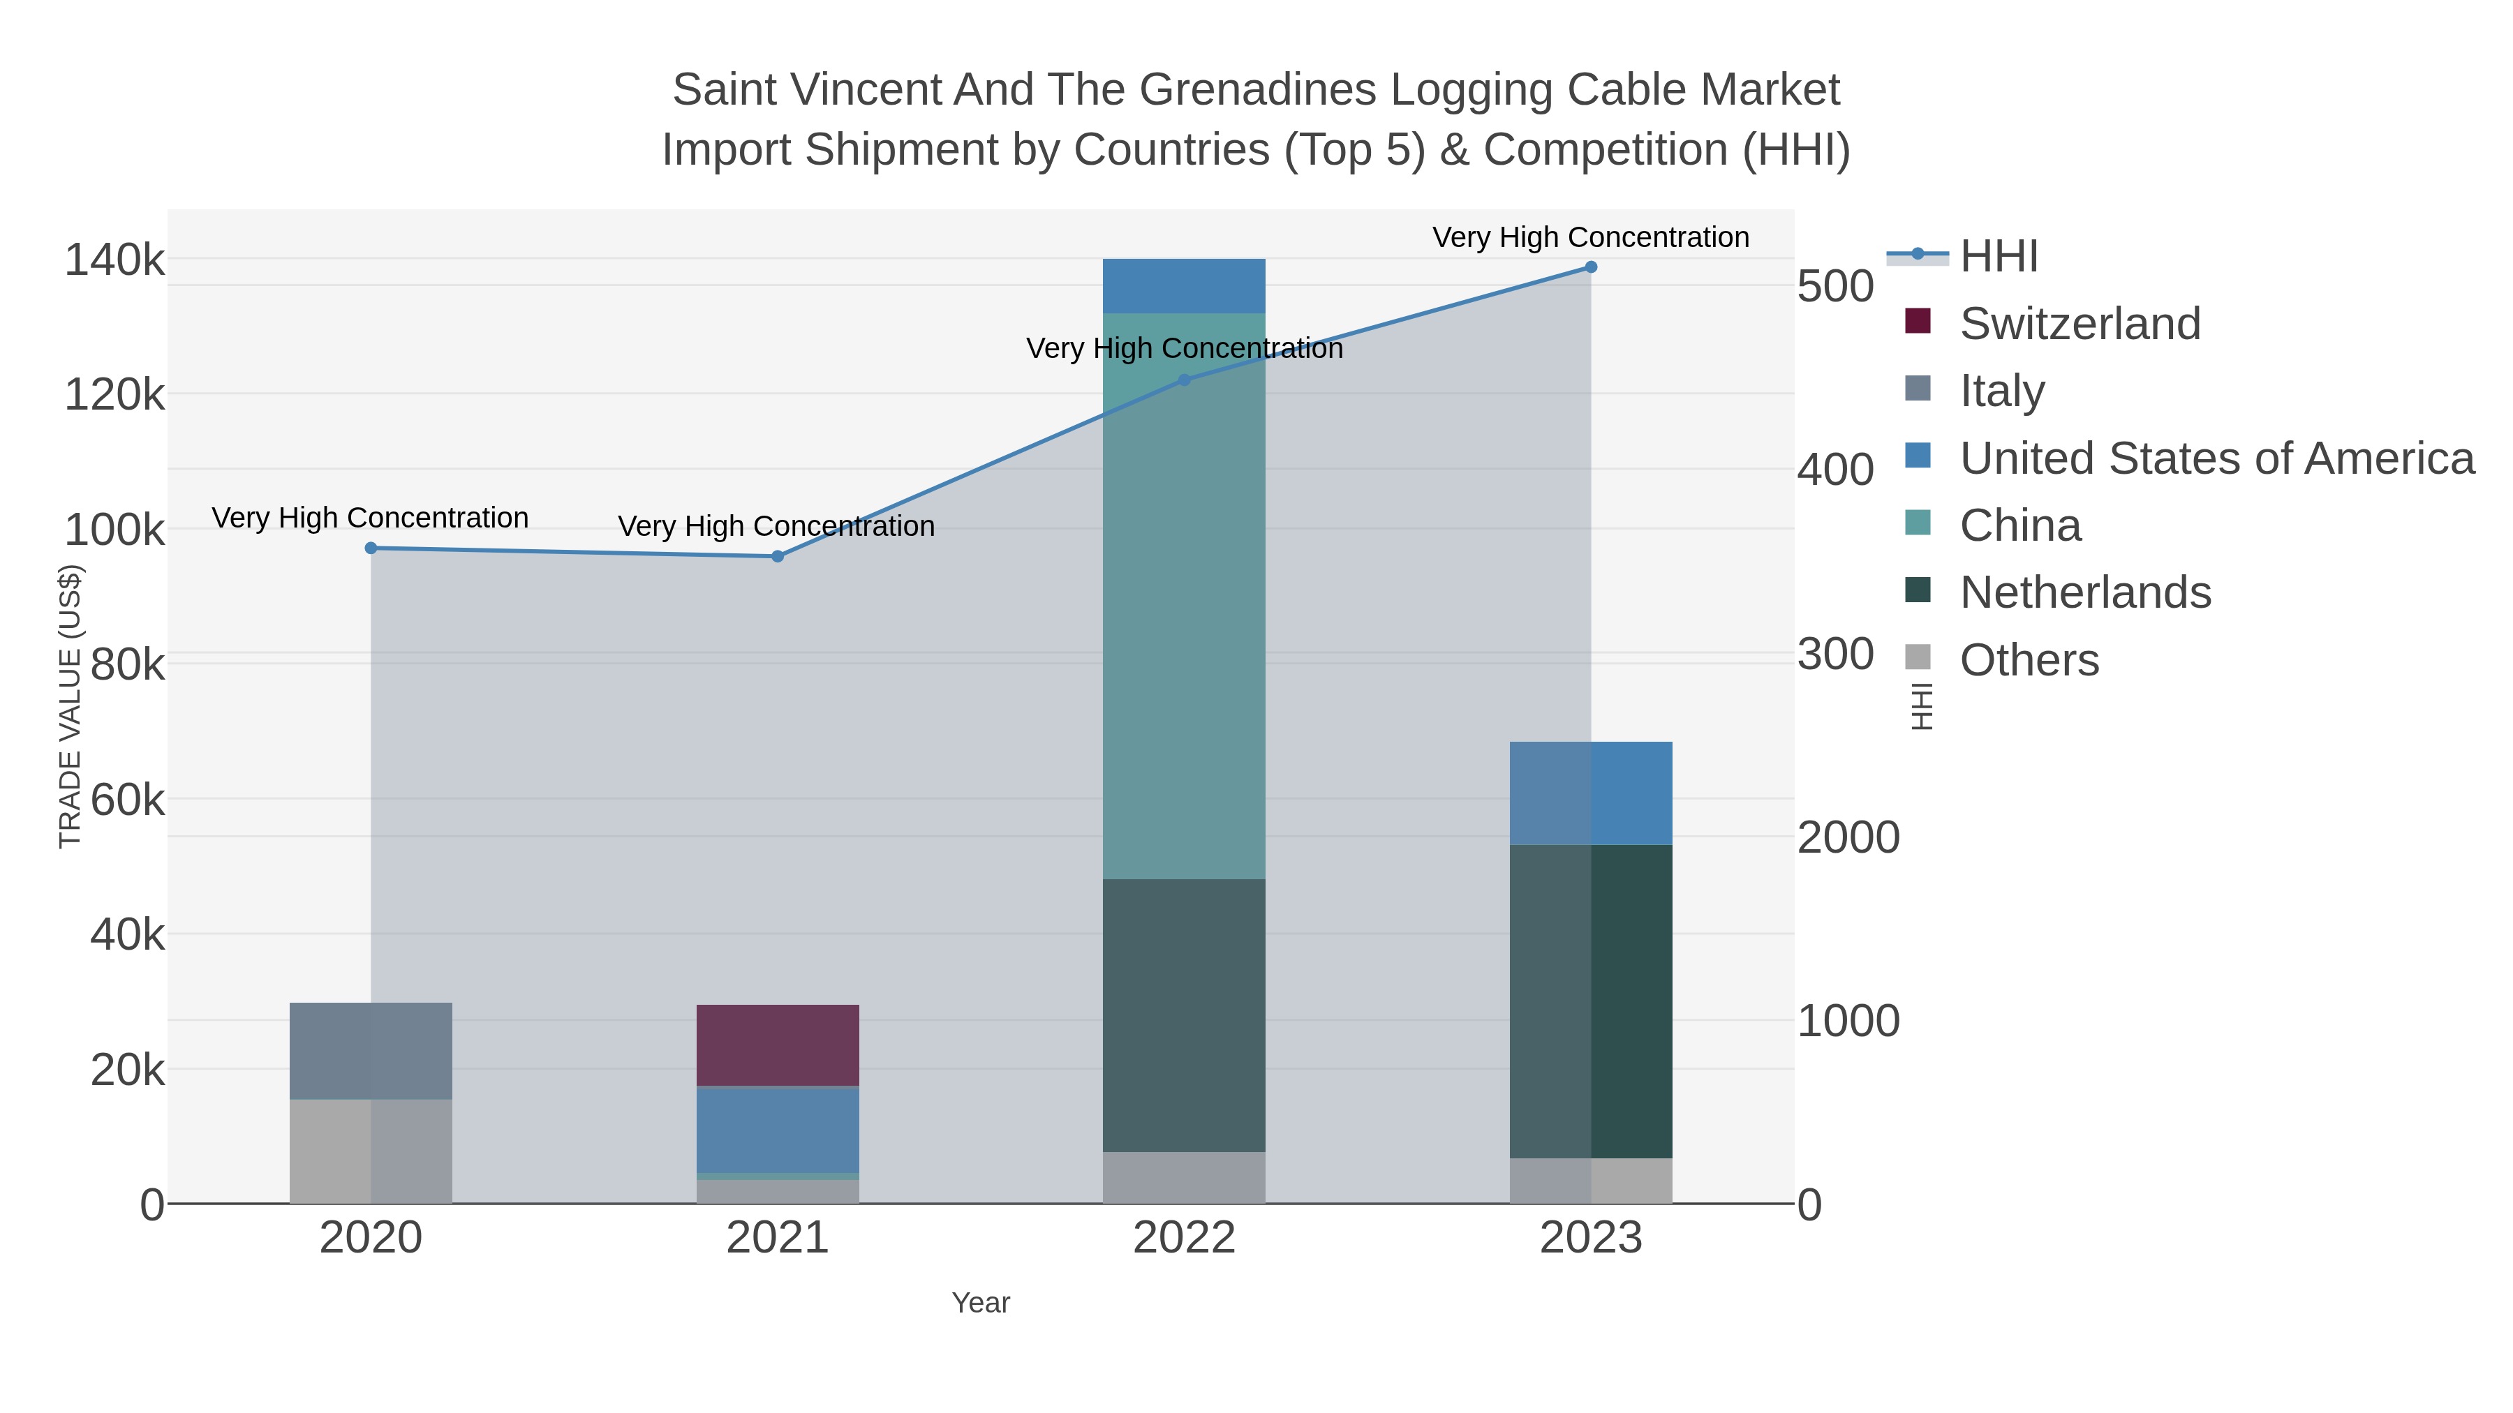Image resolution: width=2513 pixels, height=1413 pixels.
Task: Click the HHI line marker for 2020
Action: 371,548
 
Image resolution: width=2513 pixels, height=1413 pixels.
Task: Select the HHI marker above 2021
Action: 778,557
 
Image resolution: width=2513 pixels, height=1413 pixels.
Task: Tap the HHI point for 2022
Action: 1185,380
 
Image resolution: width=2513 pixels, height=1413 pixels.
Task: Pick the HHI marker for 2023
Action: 1591,267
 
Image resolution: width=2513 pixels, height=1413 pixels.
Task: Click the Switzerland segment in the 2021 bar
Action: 778,1045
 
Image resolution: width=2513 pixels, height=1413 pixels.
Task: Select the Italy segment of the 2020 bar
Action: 371,1052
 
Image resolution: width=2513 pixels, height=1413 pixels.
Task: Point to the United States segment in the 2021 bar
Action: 778,1129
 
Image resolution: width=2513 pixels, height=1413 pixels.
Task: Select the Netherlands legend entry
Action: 2084,593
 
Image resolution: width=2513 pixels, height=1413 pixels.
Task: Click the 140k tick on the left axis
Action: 114,260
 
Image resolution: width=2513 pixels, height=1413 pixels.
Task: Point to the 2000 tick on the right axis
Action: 1848,837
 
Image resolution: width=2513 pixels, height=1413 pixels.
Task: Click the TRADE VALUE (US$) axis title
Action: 71,706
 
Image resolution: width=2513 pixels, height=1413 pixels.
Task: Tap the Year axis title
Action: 981,1303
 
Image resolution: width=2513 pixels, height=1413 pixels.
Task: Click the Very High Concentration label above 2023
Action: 1590,238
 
